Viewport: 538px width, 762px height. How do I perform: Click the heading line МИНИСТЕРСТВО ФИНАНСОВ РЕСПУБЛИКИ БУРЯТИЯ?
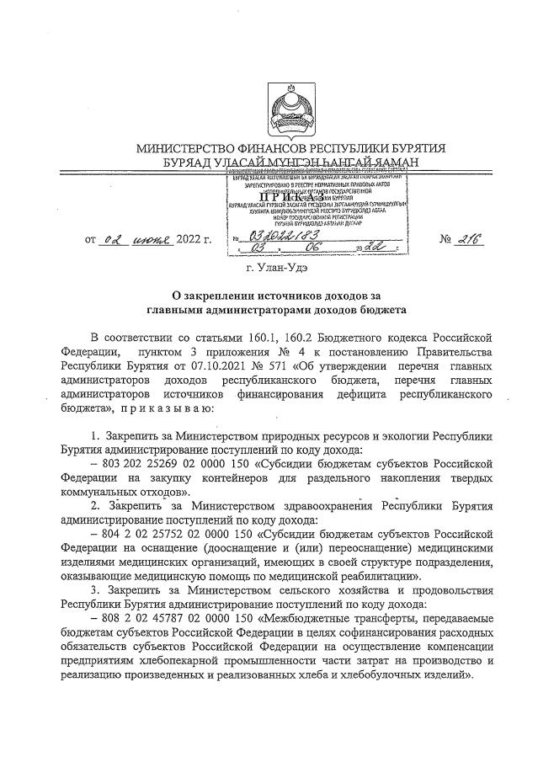pyautogui.click(x=290, y=149)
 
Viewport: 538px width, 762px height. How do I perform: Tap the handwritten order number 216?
pyautogui.click(x=467, y=240)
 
